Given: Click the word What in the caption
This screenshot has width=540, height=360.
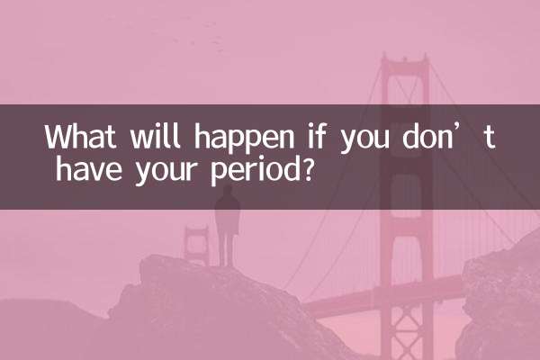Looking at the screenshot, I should click(79, 138).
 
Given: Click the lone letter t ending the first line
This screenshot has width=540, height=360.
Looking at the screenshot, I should click(490, 139).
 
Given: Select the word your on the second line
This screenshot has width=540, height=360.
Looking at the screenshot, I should click(156, 170).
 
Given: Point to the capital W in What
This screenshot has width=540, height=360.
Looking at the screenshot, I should click(59, 138).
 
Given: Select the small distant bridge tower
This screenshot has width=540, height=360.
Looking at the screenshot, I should click(195, 243).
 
